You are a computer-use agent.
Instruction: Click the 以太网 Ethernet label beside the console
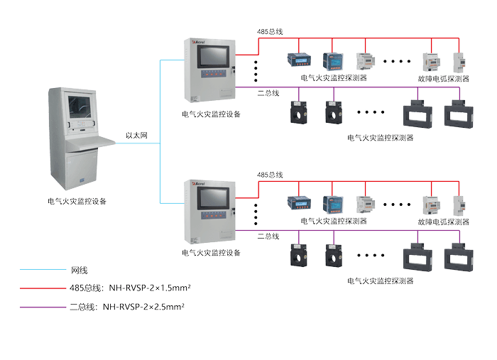point(136,133)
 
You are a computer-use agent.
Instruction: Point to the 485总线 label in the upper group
point(270,32)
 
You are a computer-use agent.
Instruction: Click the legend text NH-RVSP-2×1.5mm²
point(149,288)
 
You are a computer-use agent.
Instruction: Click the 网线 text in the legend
point(79,270)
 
